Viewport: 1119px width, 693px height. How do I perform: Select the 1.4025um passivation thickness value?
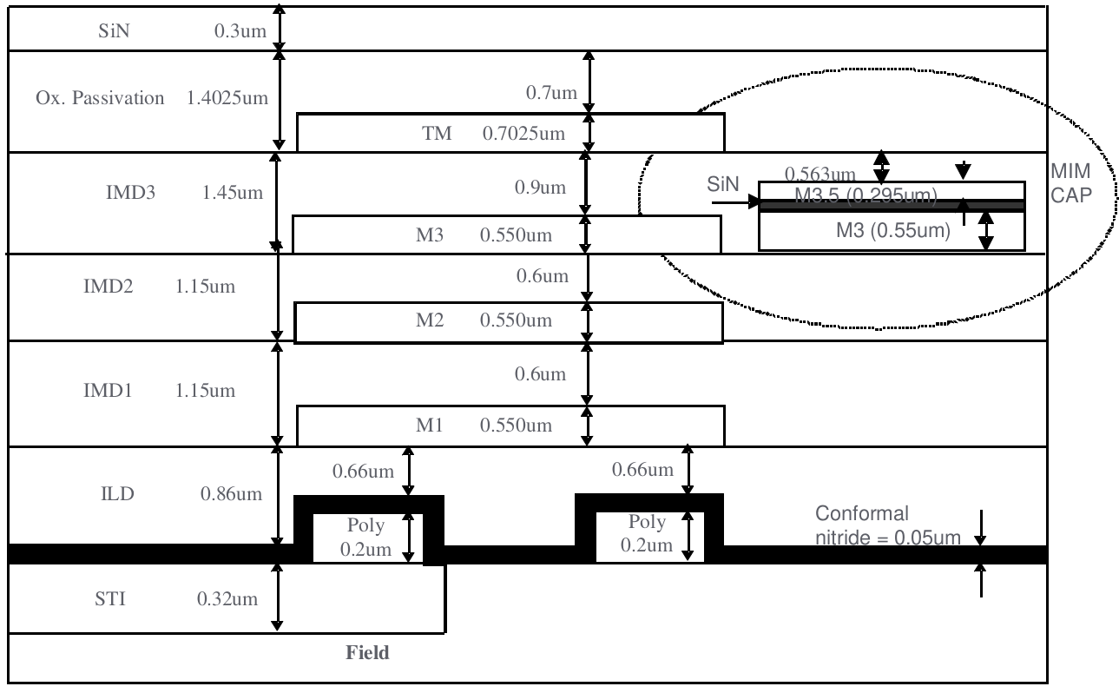tap(227, 97)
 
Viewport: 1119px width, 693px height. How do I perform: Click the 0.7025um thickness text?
tap(524, 134)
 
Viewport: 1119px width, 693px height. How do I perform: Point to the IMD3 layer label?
tap(130, 192)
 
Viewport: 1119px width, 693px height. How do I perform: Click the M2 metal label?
tap(431, 320)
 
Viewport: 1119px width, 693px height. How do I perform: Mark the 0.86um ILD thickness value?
tap(231, 494)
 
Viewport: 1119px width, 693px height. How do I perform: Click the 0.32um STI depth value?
tap(228, 599)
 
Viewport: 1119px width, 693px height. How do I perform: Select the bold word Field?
tap(368, 653)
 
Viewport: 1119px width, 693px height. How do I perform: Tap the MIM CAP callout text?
tap(1070, 183)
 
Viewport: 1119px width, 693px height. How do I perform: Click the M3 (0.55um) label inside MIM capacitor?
tap(892, 231)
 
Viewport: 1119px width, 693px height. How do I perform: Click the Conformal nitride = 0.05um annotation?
tap(887, 525)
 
